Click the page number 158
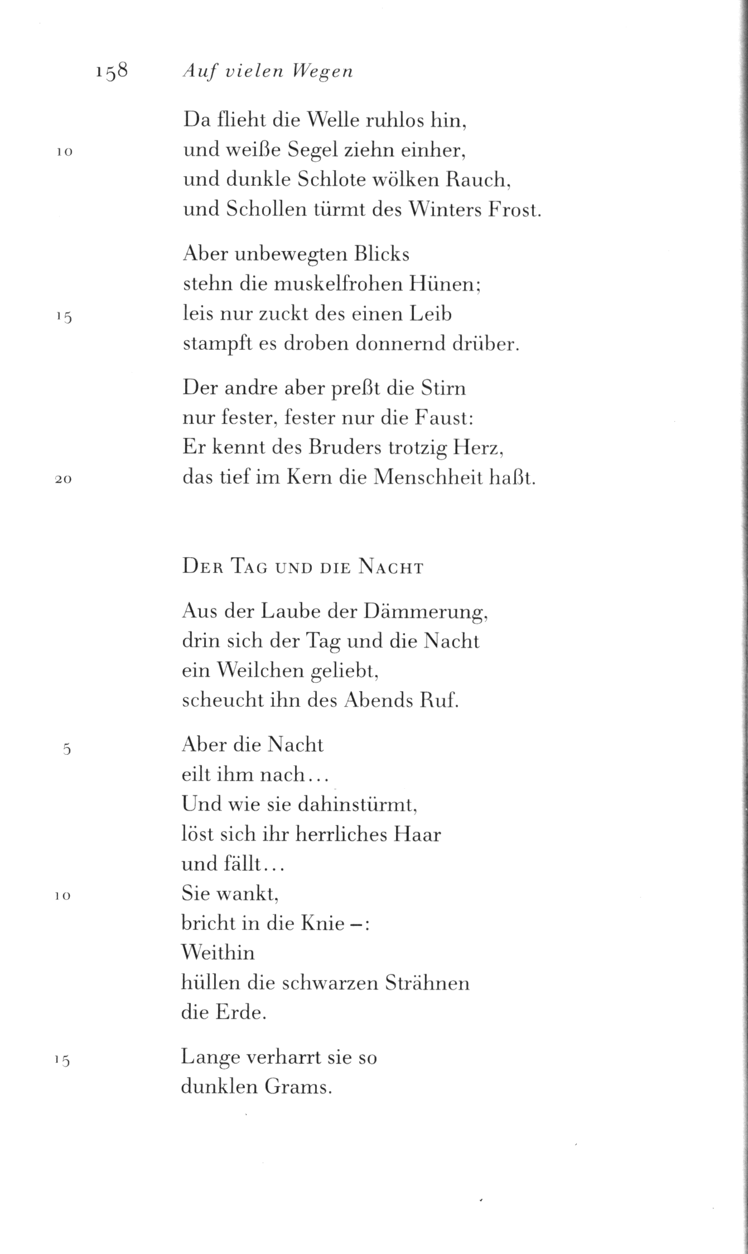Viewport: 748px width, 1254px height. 112,72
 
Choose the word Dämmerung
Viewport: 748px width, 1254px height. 426,612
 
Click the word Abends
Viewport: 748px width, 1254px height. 375,701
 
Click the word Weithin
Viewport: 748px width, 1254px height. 218,952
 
